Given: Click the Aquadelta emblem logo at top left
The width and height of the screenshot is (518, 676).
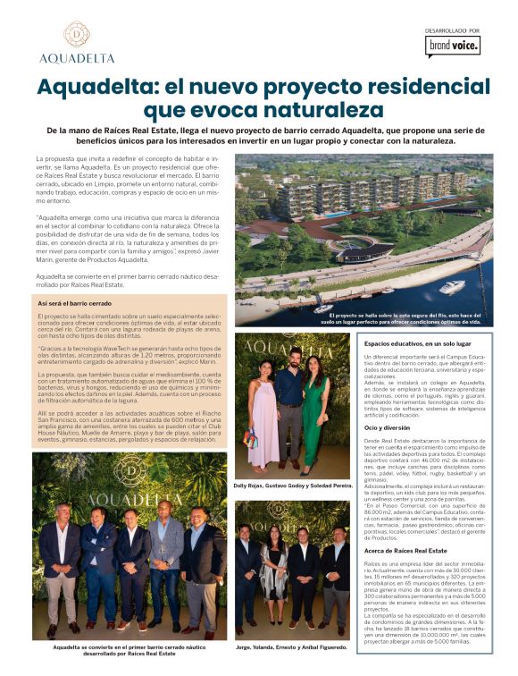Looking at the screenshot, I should click(76, 35).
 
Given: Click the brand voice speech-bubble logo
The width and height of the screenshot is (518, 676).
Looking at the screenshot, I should click(453, 46).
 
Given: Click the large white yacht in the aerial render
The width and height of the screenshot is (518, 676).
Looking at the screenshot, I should click(453, 286).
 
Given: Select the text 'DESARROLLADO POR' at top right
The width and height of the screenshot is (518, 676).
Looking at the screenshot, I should click(453, 30).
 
